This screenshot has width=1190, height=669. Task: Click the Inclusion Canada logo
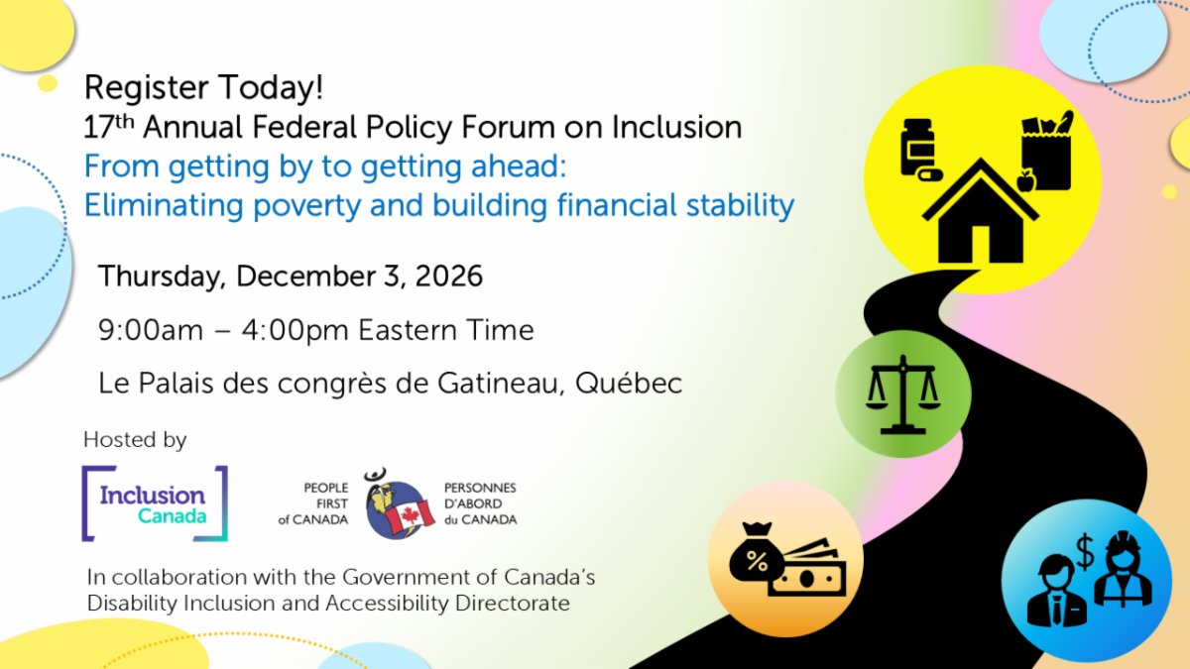click(x=155, y=503)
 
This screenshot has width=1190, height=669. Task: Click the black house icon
click(x=980, y=211)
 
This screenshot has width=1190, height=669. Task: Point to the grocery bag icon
click(x=1046, y=153)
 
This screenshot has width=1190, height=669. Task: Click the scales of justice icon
click(x=903, y=394)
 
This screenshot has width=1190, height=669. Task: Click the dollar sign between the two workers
click(x=1084, y=552)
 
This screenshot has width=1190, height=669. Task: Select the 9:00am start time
click(x=151, y=330)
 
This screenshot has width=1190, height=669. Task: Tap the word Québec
click(x=629, y=383)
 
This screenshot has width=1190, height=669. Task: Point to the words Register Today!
click(x=203, y=87)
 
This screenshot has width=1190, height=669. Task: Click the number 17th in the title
click(x=109, y=127)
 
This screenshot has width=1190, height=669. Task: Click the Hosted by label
click(x=135, y=440)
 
